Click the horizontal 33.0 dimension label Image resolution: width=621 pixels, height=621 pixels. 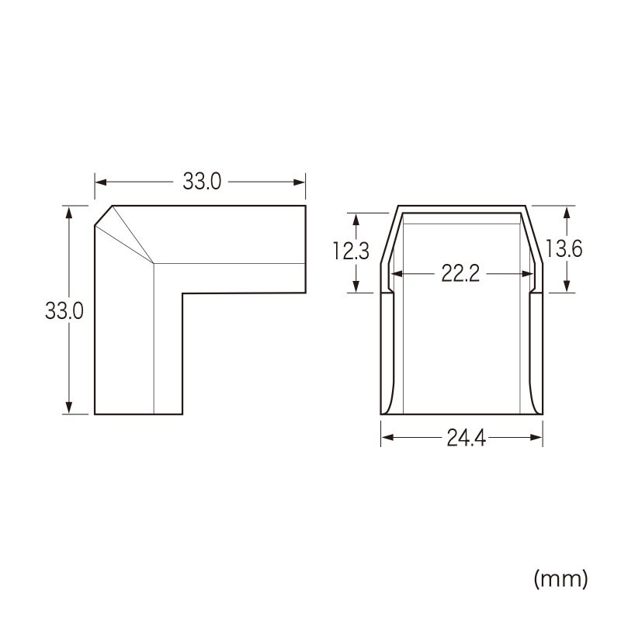(202, 182)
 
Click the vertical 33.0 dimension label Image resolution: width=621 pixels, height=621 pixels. (64, 310)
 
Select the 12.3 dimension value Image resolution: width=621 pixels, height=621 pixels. (351, 251)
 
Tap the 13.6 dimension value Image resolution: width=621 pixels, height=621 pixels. (564, 249)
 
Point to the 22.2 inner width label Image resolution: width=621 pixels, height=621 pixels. (460, 274)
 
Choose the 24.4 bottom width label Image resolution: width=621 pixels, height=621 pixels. (467, 438)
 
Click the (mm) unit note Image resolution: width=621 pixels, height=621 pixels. (560, 579)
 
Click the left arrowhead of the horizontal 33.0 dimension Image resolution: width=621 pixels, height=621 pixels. (101, 182)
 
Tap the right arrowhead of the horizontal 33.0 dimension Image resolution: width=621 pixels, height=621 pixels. (299, 182)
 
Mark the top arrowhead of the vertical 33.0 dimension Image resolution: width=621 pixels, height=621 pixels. (69, 213)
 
